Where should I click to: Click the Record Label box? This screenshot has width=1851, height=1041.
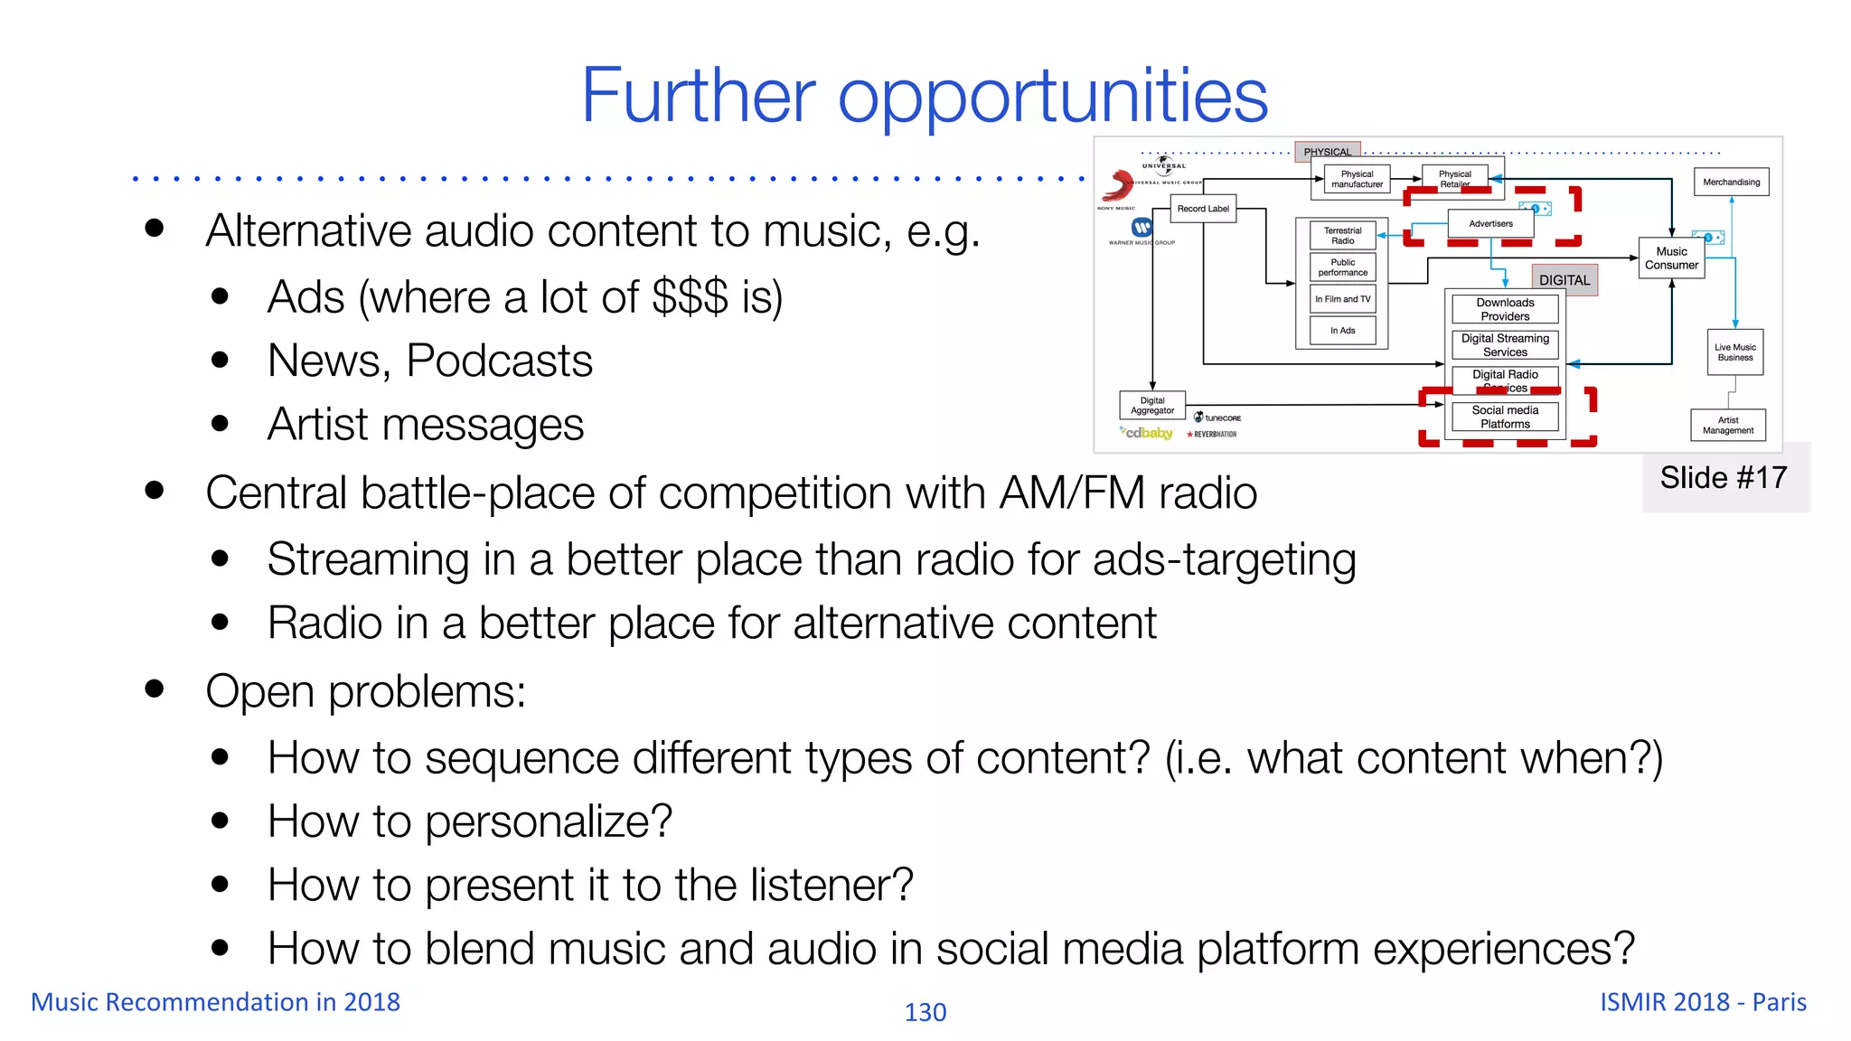tap(1203, 209)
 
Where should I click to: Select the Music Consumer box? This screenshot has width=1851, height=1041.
tap(1671, 258)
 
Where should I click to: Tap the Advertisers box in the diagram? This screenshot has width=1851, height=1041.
tap(1490, 223)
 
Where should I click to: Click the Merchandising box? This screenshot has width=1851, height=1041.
tap(1731, 183)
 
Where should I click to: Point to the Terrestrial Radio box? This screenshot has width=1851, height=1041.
tap(1342, 236)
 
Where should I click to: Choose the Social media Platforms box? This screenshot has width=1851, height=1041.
tap(1505, 417)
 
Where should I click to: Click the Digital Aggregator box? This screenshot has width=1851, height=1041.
tap(1152, 406)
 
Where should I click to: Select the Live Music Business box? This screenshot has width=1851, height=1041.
tap(1735, 352)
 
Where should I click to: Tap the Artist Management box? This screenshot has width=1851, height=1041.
tap(1728, 426)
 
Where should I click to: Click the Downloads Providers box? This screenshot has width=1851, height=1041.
tap(1505, 310)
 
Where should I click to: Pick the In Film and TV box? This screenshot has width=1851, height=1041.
tap(1342, 299)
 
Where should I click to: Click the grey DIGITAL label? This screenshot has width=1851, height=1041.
tap(1564, 280)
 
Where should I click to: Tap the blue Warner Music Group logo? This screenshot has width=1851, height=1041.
tap(1142, 228)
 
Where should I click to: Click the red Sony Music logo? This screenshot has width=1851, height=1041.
tap(1118, 186)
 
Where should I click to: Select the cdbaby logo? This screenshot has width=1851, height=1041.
tap(1147, 433)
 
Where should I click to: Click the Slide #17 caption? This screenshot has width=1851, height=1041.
tap(1724, 477)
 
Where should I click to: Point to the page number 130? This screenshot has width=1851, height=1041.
tap(925, 1012)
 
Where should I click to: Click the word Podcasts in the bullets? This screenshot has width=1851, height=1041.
tap(499, 361)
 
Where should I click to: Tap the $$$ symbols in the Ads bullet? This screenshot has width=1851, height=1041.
tap(690, 297)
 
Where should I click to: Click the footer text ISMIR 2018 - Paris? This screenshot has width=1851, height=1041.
tap(1703, 1002)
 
